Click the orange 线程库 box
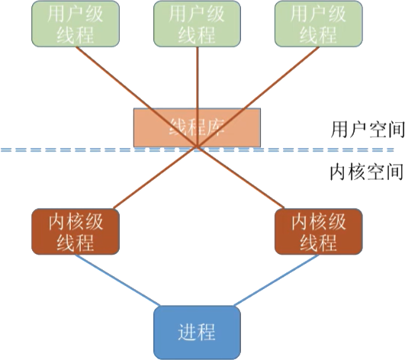(197, 127)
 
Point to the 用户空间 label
(367, 127)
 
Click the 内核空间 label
(365, 172)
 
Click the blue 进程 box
(197, 332)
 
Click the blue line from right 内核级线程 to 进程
(275, 282)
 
